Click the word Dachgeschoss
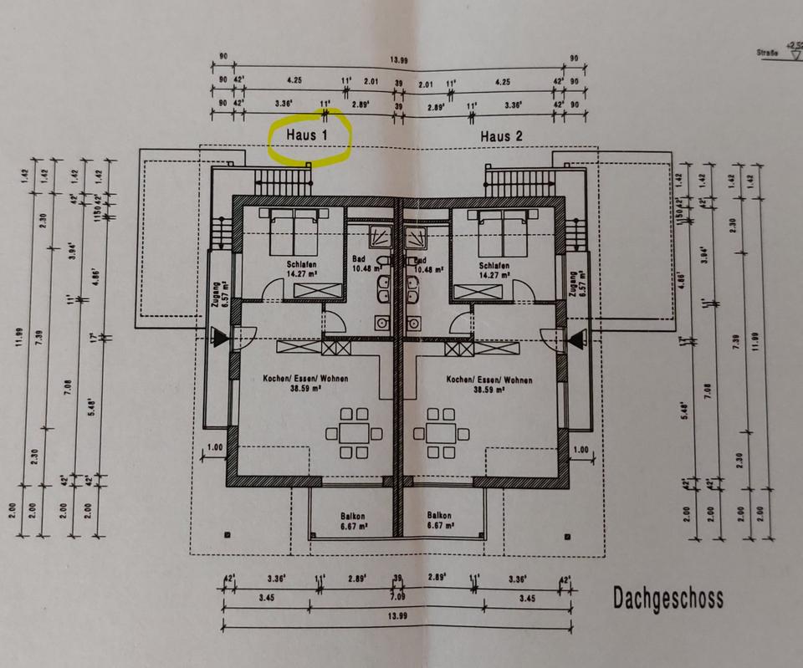tap(667, 599)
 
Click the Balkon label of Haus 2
tap(440, 521)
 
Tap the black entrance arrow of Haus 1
tap(219, 338)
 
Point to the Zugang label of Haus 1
tap(217, 295)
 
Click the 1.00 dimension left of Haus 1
tap(214, 448)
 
